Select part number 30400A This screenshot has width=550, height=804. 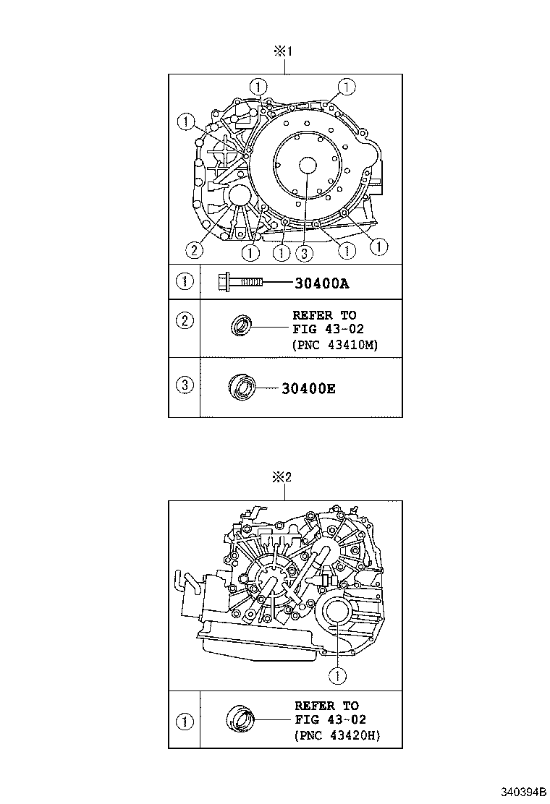(321, 284)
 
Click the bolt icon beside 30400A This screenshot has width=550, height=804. (241, 282)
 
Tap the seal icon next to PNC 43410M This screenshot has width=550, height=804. (241, 325)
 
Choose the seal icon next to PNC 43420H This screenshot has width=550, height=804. (242, 720)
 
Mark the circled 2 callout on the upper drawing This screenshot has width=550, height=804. (192, 251)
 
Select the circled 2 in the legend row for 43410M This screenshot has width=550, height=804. (185, 321)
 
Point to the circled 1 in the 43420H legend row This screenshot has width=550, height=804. (185, 721)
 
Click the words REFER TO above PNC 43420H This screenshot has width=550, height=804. (326, 706)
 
